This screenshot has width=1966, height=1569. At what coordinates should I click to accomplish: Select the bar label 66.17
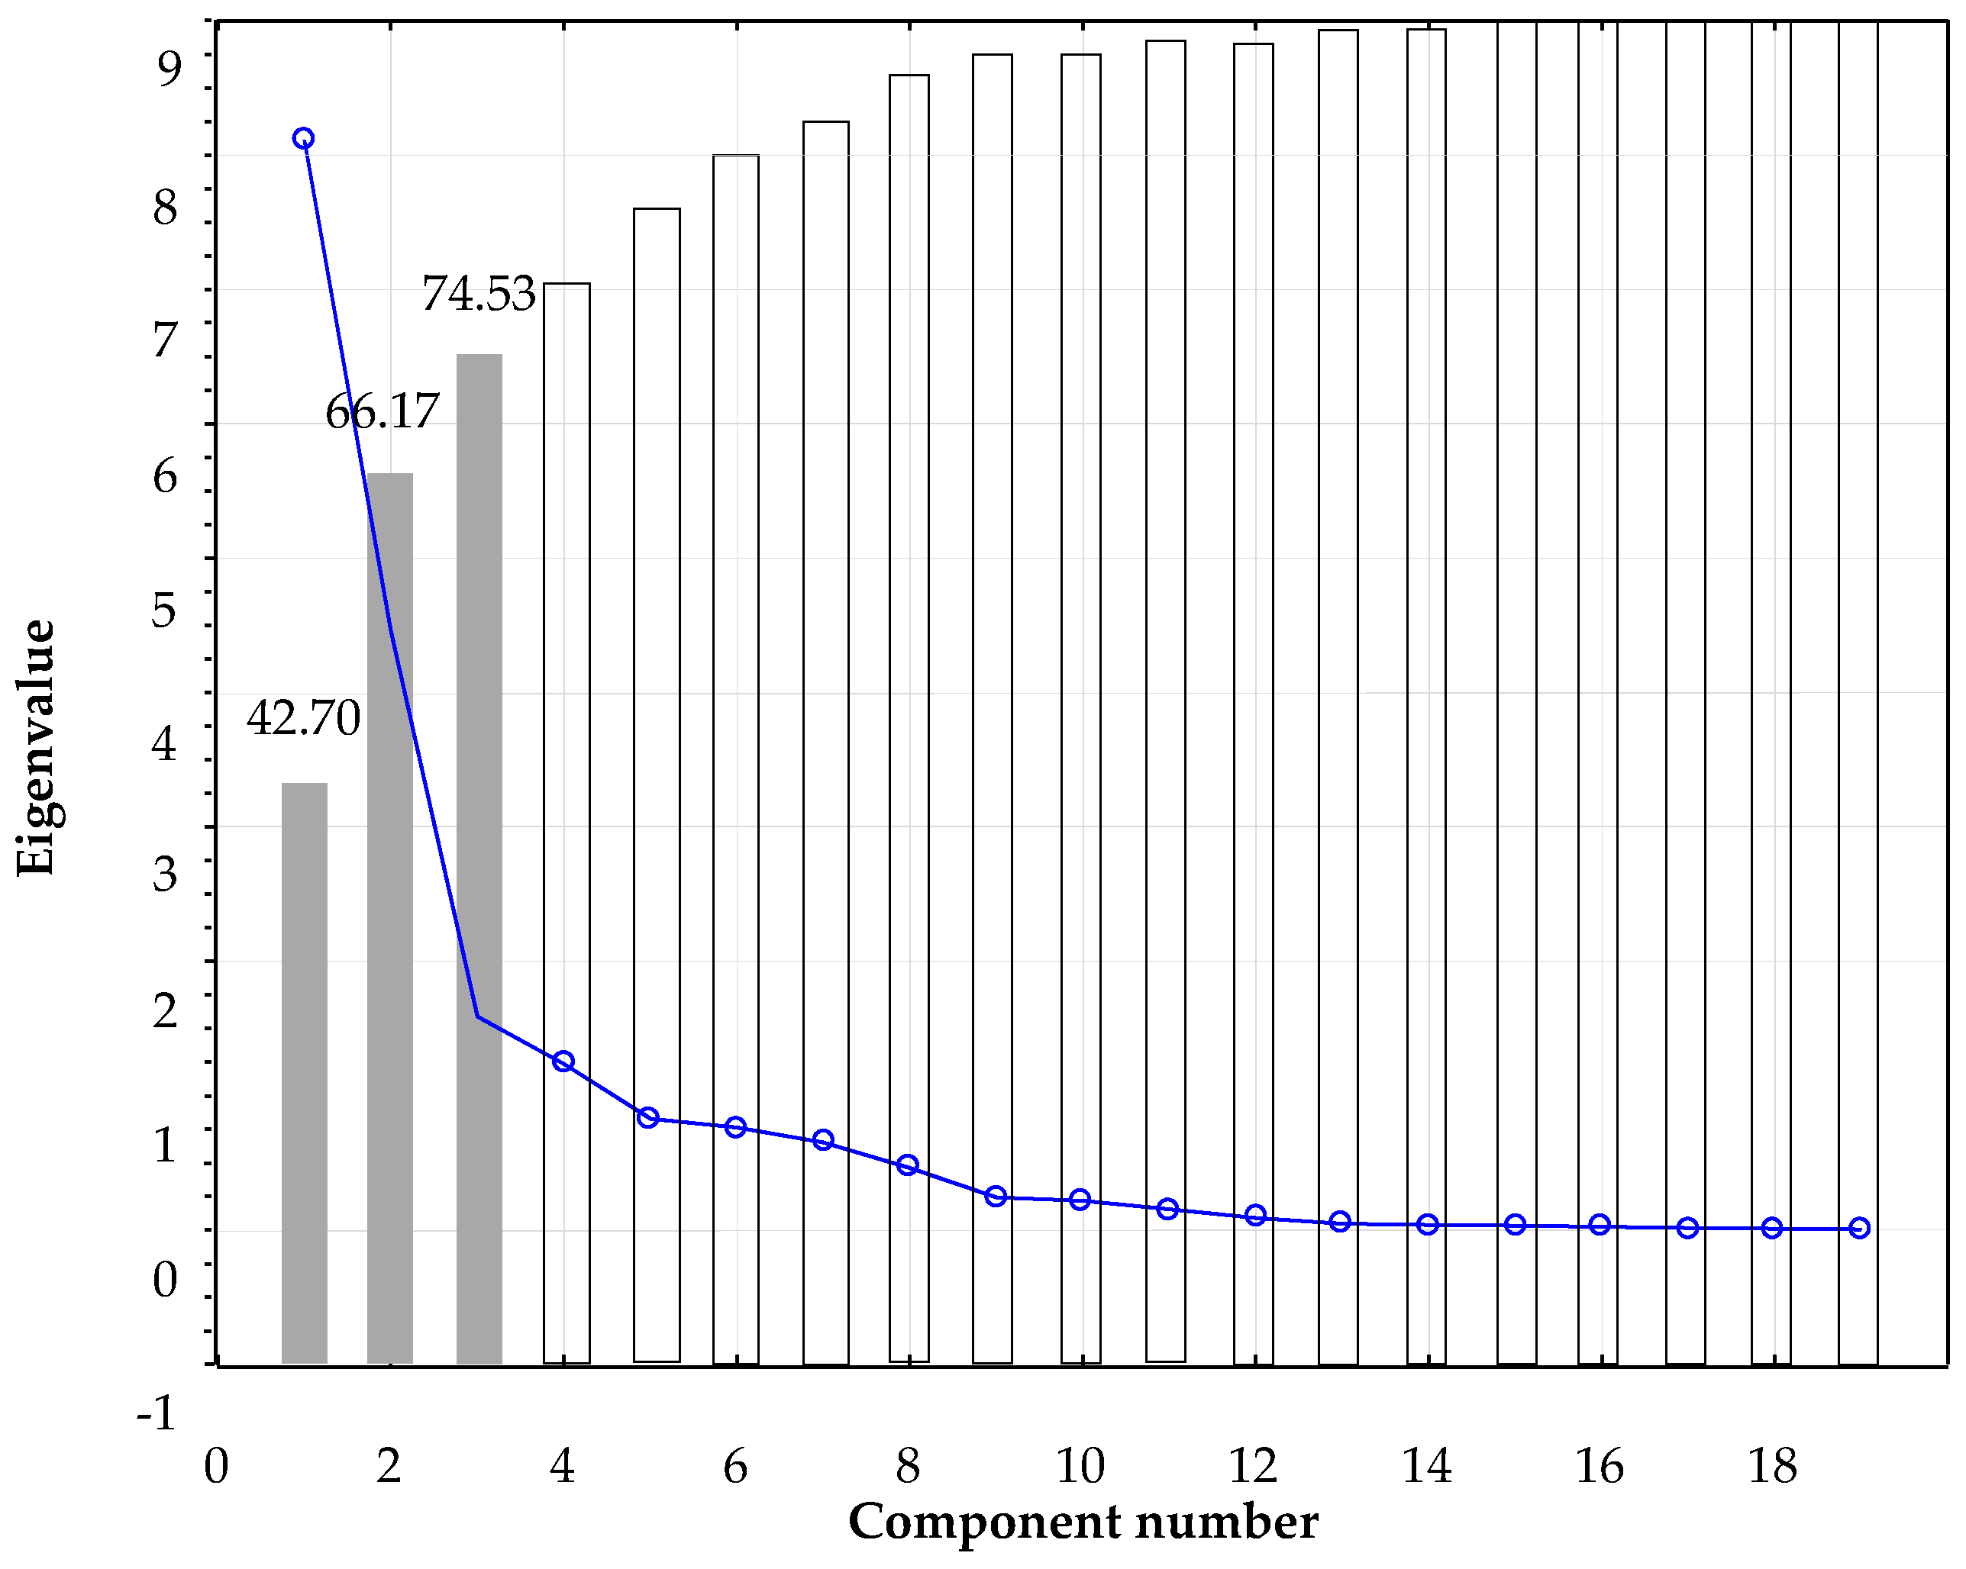[x=382, y=411]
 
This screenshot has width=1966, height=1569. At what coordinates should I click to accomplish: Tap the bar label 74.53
[x=478, y=295]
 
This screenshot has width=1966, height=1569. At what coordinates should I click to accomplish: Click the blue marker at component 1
[x=304, y=139]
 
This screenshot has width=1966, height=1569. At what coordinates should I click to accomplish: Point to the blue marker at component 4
[x=563, y=1062]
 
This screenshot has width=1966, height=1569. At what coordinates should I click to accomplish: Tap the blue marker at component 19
[x=1859, y=1228]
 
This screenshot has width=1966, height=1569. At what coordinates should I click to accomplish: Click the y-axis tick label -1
[x=156, y=1413]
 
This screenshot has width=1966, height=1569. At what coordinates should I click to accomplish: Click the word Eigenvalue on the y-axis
[x=37, y=748]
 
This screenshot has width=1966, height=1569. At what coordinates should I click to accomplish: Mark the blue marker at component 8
[x=907, y=1165]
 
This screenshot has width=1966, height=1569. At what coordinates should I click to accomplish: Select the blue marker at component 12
[x=1256, y=1214]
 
